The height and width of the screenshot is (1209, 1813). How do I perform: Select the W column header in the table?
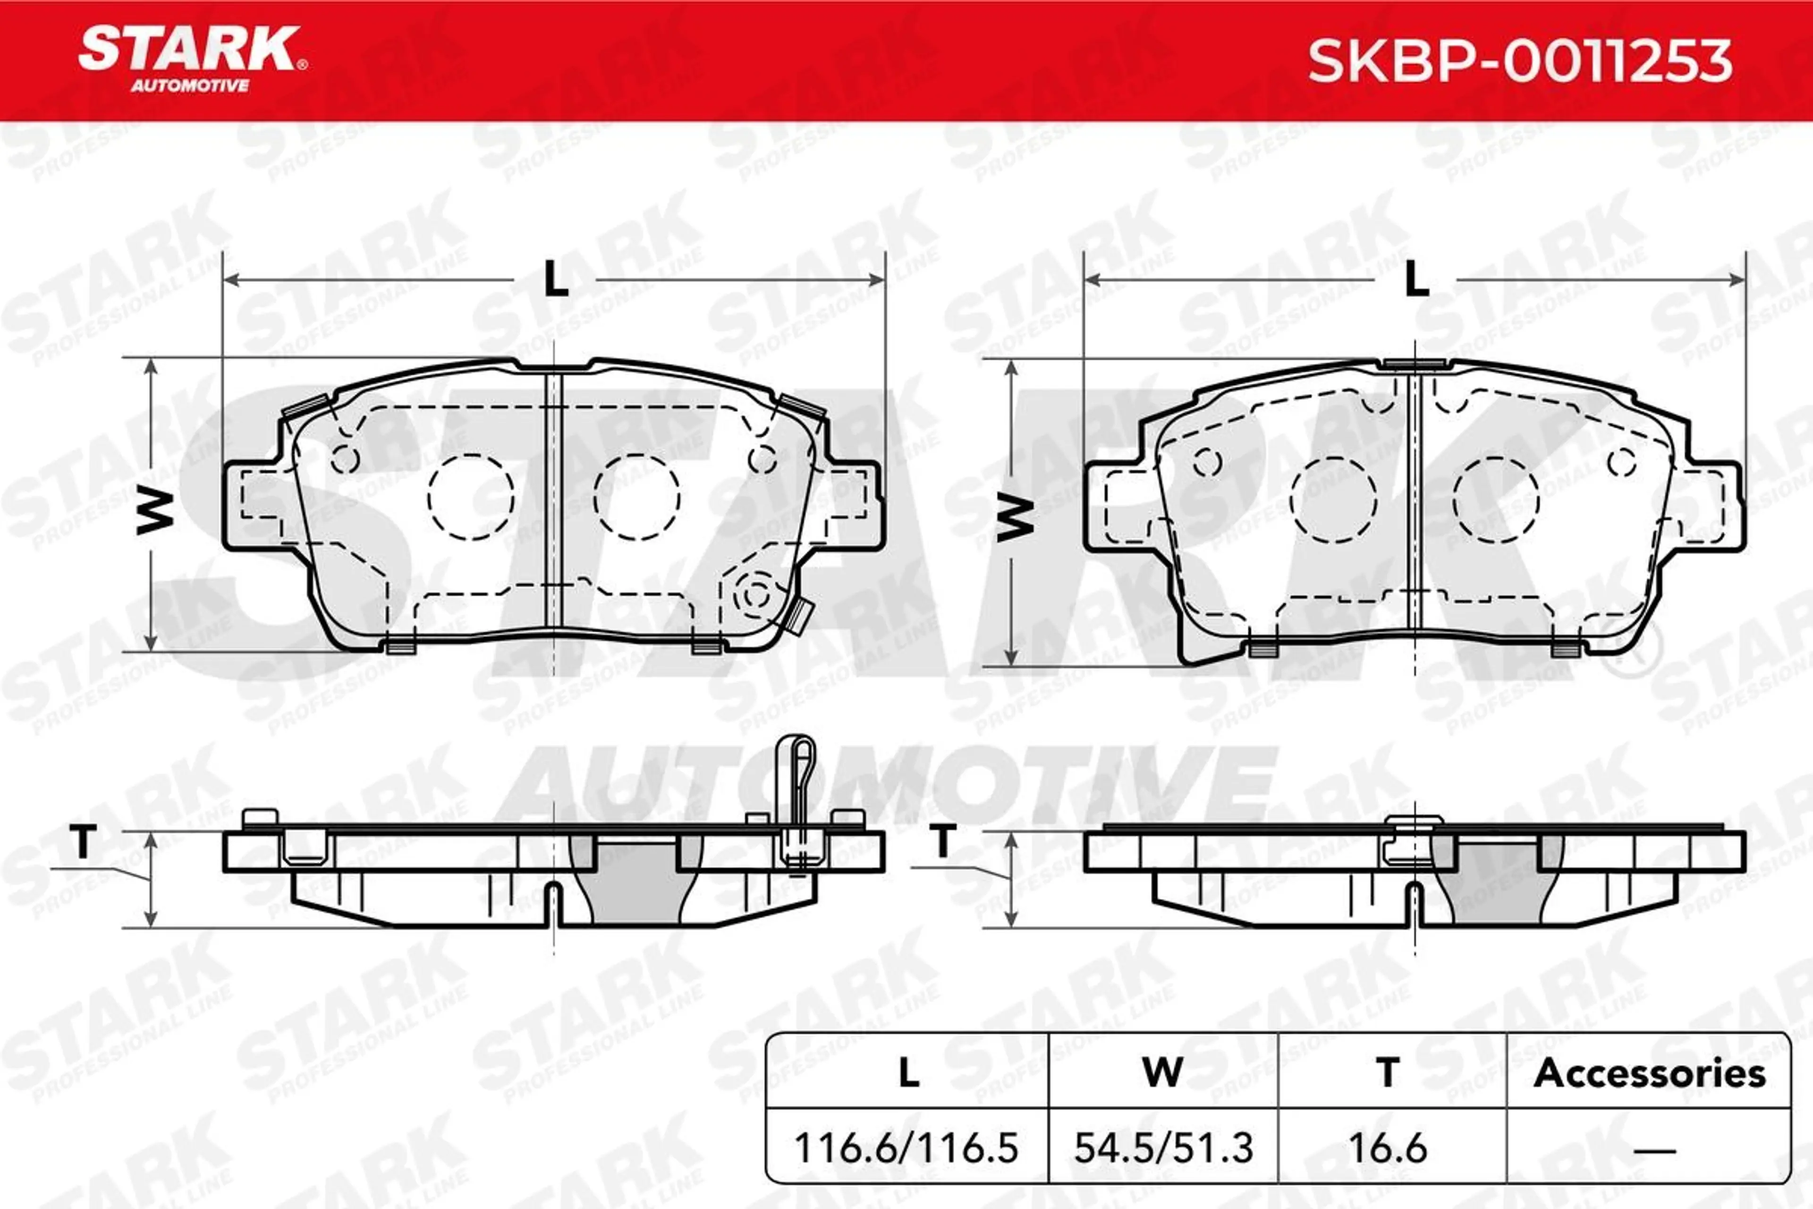click(x=1162, y=1073)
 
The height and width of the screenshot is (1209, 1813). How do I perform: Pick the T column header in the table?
click(x=1388, y=1073)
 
